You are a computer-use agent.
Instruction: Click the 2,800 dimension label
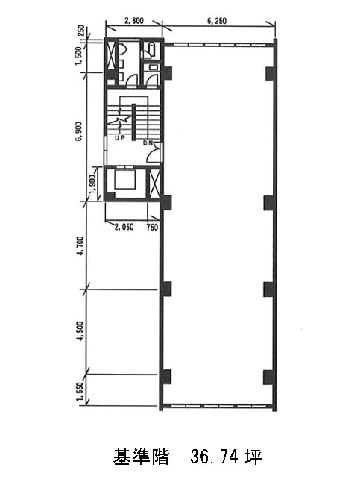click(x=133, y=21)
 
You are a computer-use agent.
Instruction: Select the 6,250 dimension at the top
click(x=217, y=21)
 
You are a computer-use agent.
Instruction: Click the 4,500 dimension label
click(x=80, y=331)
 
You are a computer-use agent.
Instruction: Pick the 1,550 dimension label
click(x=80, y=392)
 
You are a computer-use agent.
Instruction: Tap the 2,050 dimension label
click(x=124, y=227)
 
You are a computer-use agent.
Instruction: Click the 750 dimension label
click(x=152, y=227)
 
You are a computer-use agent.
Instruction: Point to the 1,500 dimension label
click(x=79, y=56)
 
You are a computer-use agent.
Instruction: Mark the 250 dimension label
click(x=81, y=31)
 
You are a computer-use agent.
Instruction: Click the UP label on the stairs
click(x=120, y=138)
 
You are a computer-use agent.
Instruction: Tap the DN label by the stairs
click(x=148, y=143)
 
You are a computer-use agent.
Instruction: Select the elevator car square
click(x=125, y=180)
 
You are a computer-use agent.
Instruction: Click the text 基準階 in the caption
click(x=141, y=457)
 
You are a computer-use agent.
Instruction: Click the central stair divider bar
click(x=133, y=122)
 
